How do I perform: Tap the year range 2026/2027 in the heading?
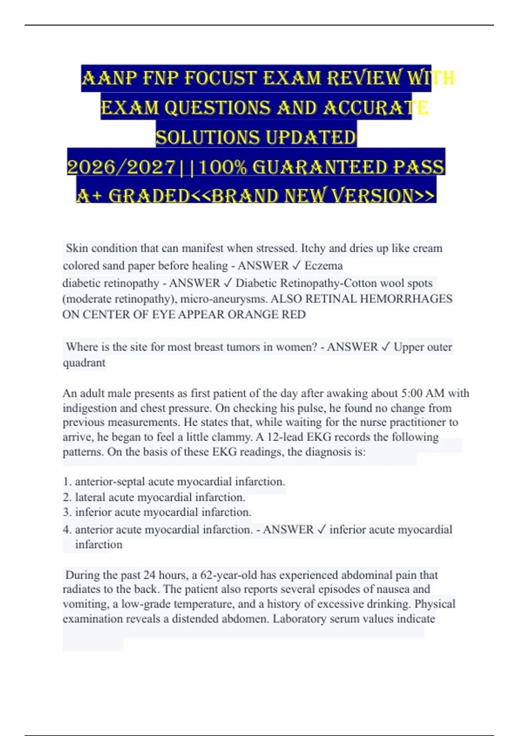point(122,168)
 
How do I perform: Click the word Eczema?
point(324,265)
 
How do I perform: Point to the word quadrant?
point(84,363)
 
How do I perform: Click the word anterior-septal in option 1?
point(110,481)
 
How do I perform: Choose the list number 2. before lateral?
point(67,497)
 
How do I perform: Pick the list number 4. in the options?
point(67,529)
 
